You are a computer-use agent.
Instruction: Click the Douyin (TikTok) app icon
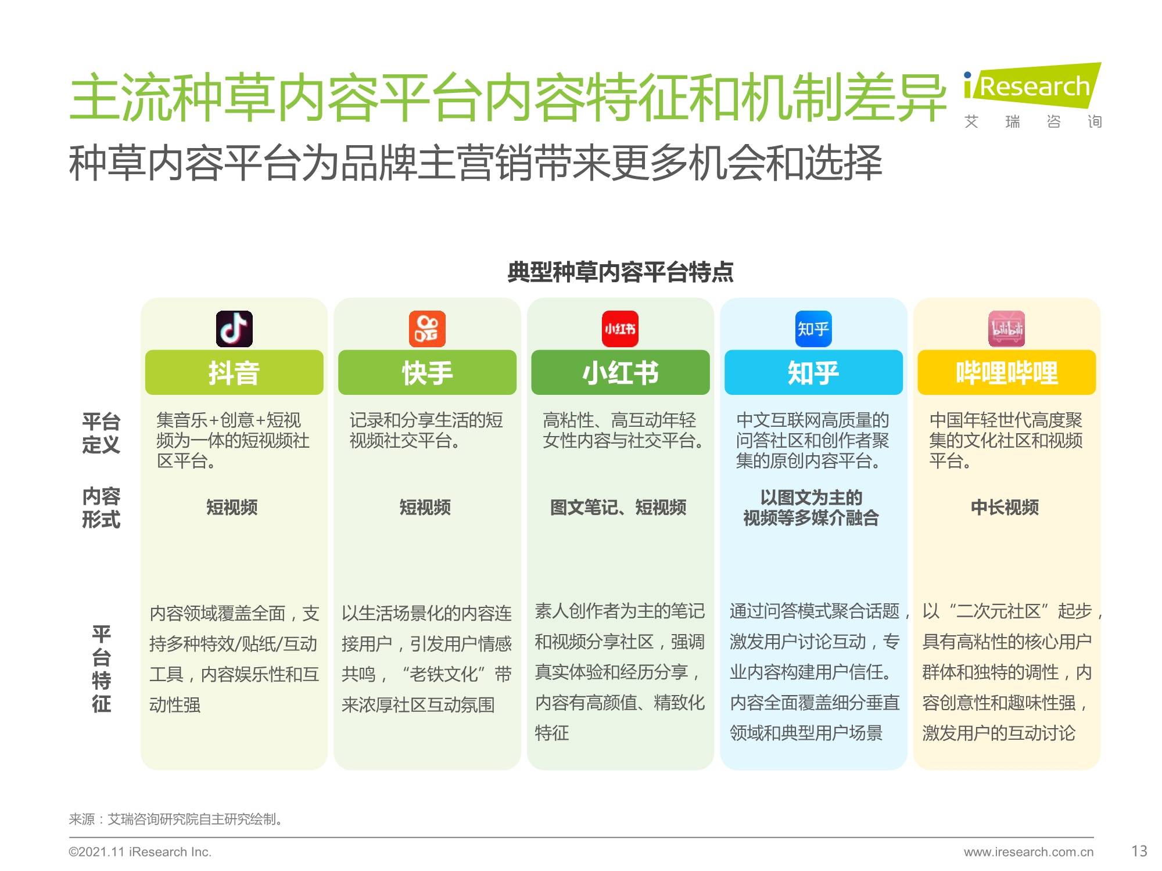[x=234, y=329]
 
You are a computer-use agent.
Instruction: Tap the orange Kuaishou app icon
[x=427, y=329]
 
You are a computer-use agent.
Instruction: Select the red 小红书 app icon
[x=620, y=329]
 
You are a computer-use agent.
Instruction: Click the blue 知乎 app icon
[x=813, y=329]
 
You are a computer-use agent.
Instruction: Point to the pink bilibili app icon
[x=1006, y=329]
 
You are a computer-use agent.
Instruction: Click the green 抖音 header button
[x=234, y=373]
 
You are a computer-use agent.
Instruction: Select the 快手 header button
[x=427, y=373]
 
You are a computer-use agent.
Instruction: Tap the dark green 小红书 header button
[x=620, y=373]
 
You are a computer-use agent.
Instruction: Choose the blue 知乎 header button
[x=813, y=373]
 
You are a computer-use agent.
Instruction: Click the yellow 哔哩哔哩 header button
[x=1006, y=373]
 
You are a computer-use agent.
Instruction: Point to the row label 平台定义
[x=101, y=433]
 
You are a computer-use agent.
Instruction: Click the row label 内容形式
[x=101, y=508]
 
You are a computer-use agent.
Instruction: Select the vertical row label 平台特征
[x=101, y=669]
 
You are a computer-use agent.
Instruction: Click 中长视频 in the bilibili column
[x=1005, y=508]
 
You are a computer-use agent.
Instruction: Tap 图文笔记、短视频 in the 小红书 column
[x=618, y=508]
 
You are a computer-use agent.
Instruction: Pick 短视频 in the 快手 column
[x=425, y=508]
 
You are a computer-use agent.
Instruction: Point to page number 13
[x=1139, y=851]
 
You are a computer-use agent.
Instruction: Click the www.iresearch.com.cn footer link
[x=1028, y=852]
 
